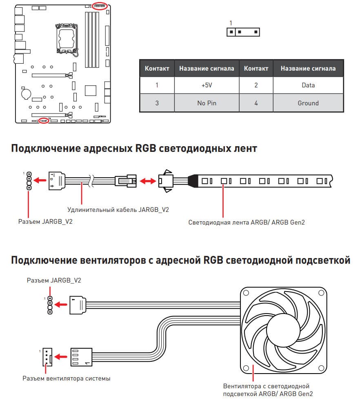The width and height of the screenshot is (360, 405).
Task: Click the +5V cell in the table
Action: click(x=207, y=85)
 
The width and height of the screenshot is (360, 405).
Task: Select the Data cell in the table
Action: click(x=308, y=85)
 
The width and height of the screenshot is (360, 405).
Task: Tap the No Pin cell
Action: click(x=207, y=103)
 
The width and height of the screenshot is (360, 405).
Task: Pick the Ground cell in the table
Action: click(x=308, y=103)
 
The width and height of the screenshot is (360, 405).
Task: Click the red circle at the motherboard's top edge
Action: click(x=100, y=5)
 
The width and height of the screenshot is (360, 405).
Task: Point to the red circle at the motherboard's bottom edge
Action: click(x=44, y=120)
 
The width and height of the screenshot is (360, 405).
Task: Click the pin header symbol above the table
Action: click(x=243, y=32)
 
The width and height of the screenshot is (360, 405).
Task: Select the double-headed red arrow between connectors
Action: click(x=147, y=180)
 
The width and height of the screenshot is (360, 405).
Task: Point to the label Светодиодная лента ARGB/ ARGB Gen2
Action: click(x=247, y=223)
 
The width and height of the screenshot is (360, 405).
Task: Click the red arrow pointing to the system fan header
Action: click(x=60, y=357)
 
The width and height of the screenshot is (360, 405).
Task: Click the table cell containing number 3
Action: click(x=157, y=103)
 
